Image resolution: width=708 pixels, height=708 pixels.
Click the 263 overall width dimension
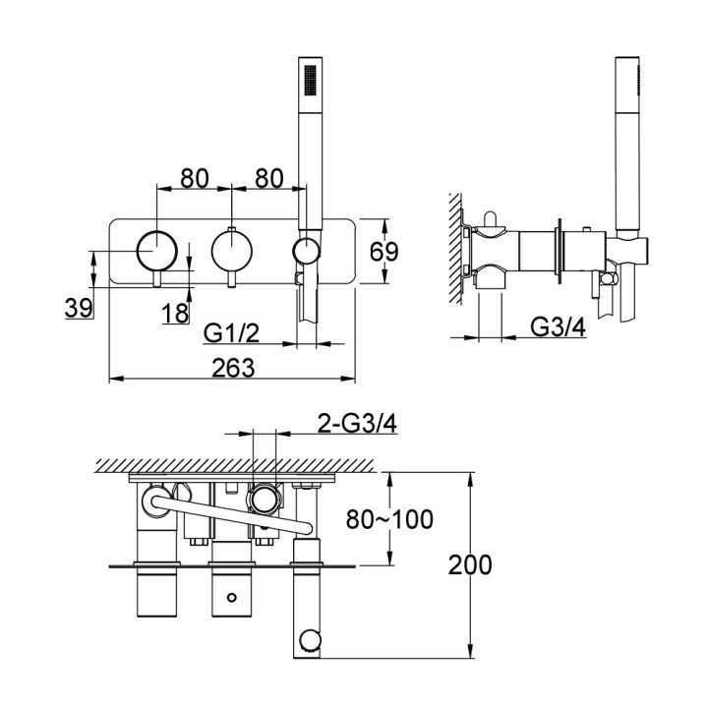click(x=233, y=367)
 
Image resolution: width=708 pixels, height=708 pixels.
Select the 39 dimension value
click(x=78, y=308)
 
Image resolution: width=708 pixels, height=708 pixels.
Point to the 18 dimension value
click(x=175, y=313)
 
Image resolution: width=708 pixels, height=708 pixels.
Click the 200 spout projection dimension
click(x=470, y=564)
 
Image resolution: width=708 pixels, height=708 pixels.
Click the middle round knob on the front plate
click(x=231, y=252)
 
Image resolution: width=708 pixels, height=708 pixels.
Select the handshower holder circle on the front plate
click(x=307, y=251)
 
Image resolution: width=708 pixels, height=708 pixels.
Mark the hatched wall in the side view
click(x=455, y=246)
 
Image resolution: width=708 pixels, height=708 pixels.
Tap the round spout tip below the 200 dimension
click(x=310, y=643)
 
